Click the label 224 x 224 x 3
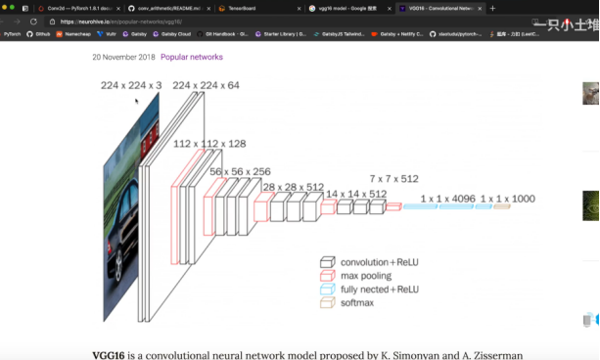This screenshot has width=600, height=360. [x=131, y=86]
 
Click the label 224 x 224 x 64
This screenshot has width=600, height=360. [x=206, y=86]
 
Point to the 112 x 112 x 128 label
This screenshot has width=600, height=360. [x=209, y=144]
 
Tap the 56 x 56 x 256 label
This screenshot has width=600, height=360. [x=240, y=171]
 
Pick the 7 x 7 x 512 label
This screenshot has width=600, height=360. [x=393, y=179]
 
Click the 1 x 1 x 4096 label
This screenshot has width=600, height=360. [x=447, y=199]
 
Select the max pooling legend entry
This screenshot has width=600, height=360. [x=366, y=276]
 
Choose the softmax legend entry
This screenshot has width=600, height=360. [x=357, y=303]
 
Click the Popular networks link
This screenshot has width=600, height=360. [x=192, y=57]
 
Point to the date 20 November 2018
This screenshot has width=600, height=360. [x=123, y=57]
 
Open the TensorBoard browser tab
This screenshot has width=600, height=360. [x=237, y=8]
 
